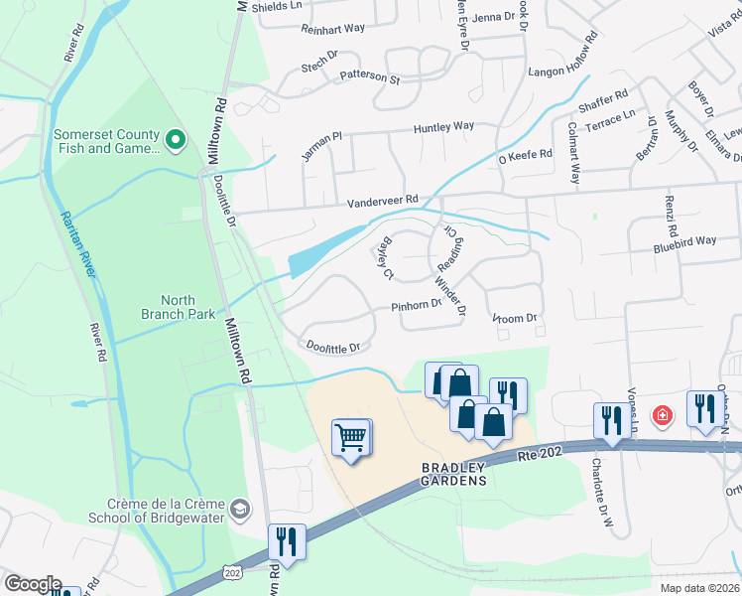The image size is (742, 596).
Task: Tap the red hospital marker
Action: click(661, 414)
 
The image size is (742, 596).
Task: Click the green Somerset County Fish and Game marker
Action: click(176, 141)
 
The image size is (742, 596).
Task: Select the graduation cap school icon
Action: click(239, 510)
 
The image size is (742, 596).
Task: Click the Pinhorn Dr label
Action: click(415, 306)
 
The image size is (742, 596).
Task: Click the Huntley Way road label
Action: click(443, 127)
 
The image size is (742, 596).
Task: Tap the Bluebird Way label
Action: click(683, 241)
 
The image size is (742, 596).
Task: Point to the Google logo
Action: click(33, 584)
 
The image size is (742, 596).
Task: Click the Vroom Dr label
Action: click(514, 319)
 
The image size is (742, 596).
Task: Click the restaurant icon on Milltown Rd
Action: click(287, 541)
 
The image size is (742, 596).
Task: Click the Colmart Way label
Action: click(573, 153)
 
